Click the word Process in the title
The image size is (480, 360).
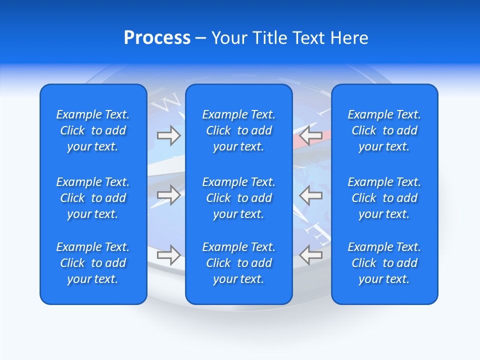point(157,38)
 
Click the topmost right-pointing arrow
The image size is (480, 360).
point(168,135)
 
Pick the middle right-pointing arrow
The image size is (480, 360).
point(168,194)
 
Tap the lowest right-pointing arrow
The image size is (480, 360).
point(168,254)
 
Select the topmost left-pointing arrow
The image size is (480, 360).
point(310,135)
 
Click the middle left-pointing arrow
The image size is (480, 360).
point(310,194)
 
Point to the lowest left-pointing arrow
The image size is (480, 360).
point(310,254)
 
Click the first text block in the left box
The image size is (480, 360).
point(93,130)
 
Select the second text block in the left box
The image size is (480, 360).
point(93,198)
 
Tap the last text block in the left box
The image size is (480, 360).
point(93,263)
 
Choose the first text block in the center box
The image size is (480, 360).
point(239,130)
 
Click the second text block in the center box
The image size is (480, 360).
point(239,198)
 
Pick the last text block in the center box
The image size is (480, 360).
point(239,263)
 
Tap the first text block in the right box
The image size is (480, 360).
point(384,130)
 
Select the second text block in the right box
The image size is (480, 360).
point(384,198)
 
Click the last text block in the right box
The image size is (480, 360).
point(384,263)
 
